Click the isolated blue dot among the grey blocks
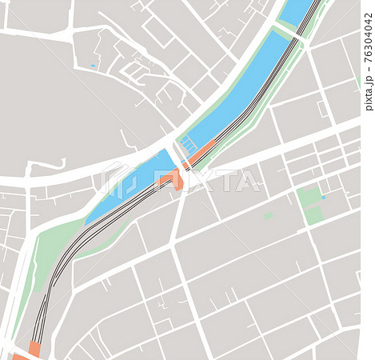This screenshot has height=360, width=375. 93,66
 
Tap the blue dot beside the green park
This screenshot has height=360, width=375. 324,197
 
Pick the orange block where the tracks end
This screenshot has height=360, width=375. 34,349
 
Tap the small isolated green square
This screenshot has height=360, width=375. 269,215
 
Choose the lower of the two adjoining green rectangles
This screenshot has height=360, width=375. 314,214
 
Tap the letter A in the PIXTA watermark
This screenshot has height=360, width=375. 249,181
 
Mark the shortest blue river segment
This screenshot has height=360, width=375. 297,11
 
